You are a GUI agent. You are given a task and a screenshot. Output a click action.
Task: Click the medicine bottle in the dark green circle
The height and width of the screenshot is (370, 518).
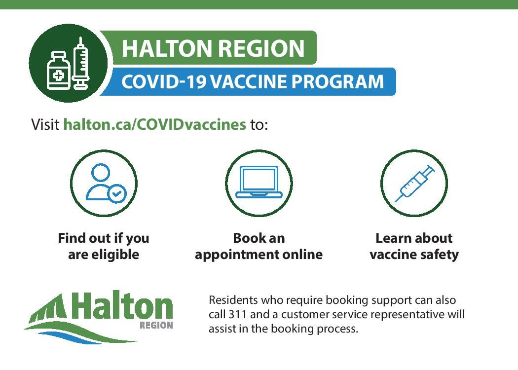click(59, 71)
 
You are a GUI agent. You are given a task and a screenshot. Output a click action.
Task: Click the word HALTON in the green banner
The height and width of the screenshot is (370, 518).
click(167, 48)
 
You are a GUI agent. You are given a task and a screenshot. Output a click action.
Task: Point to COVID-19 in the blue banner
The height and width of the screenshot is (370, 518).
click(163, 81)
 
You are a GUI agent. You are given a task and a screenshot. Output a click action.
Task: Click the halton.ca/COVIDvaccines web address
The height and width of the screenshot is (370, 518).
click(154, 124)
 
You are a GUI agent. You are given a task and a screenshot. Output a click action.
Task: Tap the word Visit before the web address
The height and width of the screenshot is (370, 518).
click(45, 124)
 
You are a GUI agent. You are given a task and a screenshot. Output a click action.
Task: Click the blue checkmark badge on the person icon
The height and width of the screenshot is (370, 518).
click(116, 193)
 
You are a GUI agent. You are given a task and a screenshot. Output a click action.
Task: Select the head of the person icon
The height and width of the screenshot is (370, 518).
click(101, 173)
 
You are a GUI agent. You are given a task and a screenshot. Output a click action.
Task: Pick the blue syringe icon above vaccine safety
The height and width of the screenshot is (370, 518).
click(415, 184)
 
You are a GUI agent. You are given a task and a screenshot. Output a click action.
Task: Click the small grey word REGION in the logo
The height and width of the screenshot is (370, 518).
click(156, 326)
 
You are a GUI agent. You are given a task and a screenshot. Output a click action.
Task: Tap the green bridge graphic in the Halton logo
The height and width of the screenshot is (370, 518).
click(48, 308)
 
